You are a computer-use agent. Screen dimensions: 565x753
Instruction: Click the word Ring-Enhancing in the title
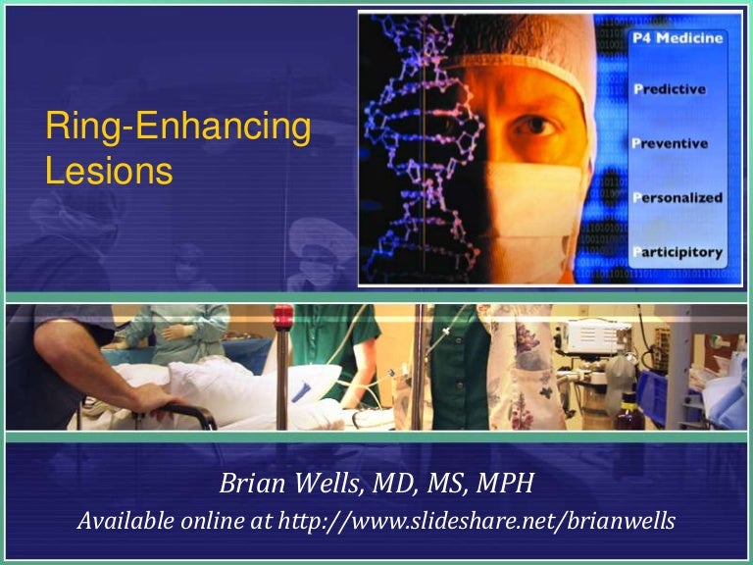pyautogui.click(x=177, y=128)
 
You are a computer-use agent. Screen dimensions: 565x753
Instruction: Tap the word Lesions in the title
pyautogui.click(x=109, y=171)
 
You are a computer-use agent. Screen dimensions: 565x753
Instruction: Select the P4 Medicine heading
pyautogui.click(x=682, y=38)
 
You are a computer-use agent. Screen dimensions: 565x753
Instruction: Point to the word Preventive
pyautogui.click(x=678, y=142)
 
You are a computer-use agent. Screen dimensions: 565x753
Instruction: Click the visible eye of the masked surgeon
pyautogui.click(x=532, y=127)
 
